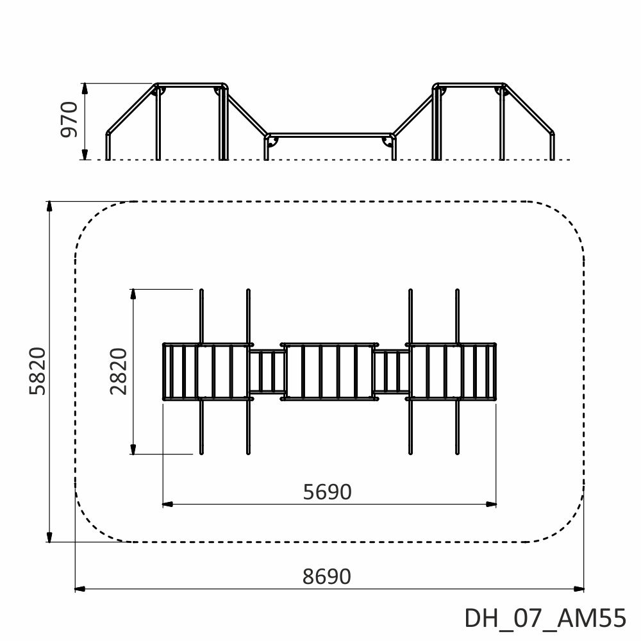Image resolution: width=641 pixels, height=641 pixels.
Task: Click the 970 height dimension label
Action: click(69, 119)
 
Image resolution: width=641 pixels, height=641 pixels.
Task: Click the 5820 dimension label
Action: click(38, 371)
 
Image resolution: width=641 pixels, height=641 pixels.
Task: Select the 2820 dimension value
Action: click(119, 371)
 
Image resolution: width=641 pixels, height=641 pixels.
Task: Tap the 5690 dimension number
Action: click(327, 492)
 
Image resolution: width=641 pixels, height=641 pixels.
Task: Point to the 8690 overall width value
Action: click(327, 576)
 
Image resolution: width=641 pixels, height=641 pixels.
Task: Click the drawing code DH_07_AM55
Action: click(545, 618)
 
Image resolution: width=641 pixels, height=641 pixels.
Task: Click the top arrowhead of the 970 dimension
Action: click(85, 88)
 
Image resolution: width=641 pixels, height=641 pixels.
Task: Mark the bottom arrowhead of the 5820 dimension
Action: click(49, 537)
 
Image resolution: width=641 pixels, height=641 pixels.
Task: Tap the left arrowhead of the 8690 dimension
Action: click(80, 589)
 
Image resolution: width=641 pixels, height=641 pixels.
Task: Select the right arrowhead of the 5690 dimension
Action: click(491, 504)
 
